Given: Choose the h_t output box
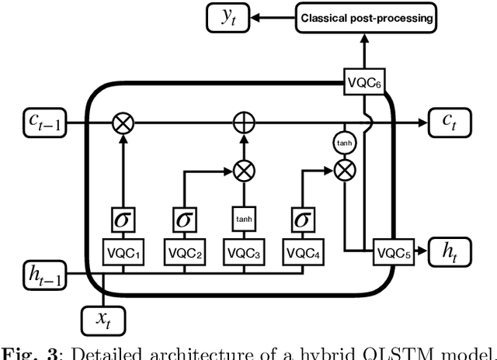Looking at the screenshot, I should [x=447, y=251].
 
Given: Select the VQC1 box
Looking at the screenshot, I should [x=123, y=251].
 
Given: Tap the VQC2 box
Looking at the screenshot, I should [x=183, y=251].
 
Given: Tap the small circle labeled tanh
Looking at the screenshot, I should [x=342, y=143].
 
